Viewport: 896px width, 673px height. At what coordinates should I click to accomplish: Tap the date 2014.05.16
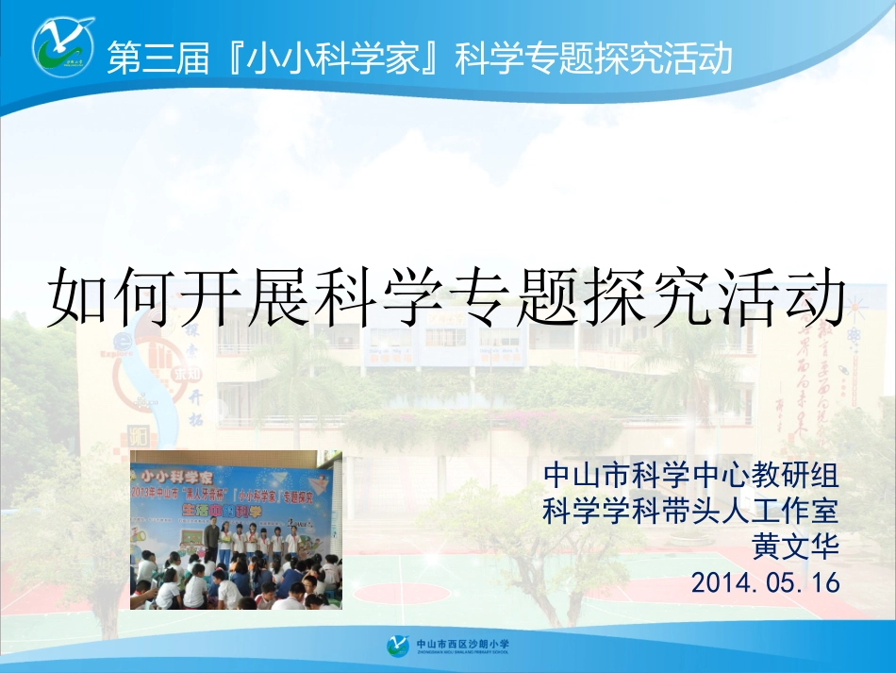click(765, 582)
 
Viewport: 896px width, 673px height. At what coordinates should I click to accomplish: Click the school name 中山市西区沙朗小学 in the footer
click(461, 644)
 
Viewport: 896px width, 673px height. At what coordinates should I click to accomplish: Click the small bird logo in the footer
click(397, 648)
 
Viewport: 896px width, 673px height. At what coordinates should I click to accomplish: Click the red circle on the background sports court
click(405, 592)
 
